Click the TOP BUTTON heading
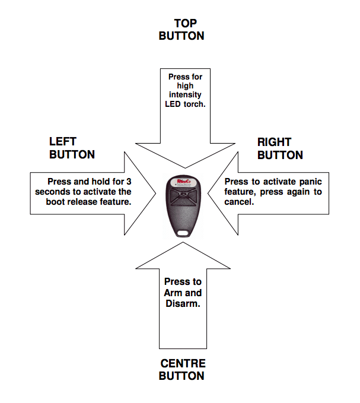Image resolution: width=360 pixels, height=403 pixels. (181, 30)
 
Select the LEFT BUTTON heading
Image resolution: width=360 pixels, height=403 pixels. (72, 148)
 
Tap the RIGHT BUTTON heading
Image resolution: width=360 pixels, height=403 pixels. (280, 148)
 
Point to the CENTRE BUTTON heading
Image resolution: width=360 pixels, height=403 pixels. (181, 370)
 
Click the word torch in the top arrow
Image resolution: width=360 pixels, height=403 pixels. (194, 104)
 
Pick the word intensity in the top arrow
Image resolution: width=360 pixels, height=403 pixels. (184, 95)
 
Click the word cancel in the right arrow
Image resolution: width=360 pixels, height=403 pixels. (240, 202)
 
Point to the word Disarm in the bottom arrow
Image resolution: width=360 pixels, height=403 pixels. (182, 303)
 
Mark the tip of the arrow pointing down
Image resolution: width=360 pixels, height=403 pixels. (184, 167)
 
